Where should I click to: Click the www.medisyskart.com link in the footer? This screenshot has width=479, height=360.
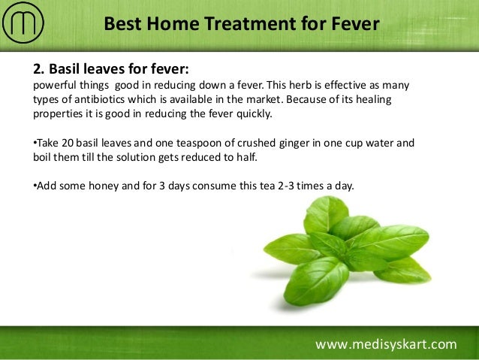coord(385,344)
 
